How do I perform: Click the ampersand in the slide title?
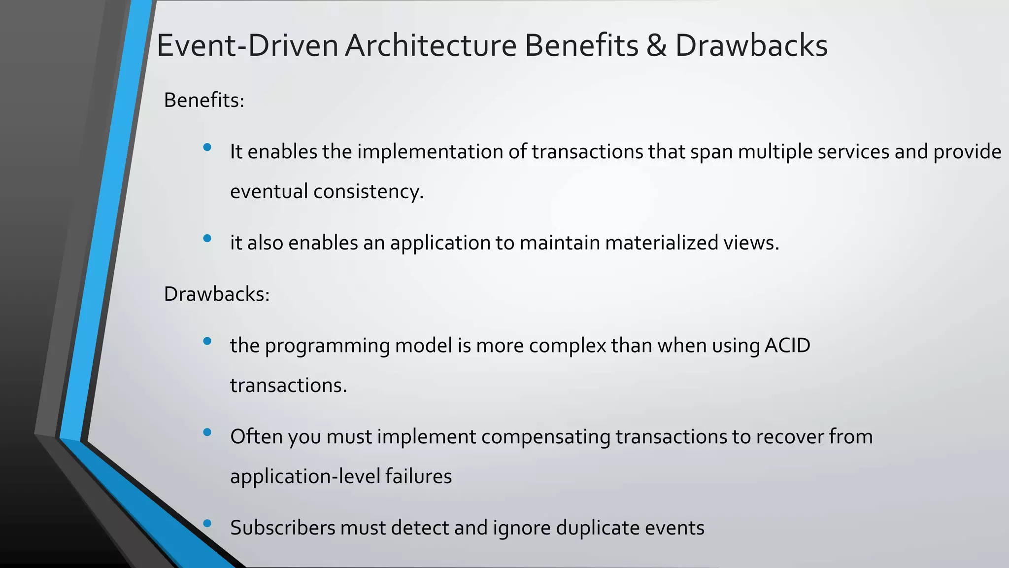tap(656, 46)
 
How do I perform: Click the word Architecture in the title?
tap(431, 46)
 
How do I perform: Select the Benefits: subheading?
tap(204, 100)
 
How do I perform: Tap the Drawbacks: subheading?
tap(217, 294)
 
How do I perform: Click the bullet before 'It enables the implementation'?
tap(207, 147)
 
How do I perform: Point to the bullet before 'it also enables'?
tap(207, 238)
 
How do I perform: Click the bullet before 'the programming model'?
tap(207, 341)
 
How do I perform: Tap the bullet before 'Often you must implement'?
tap(207, 432)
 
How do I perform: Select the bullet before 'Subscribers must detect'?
tap(207, 523)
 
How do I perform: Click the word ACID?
tap(787, 345)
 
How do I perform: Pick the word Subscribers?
tap(282, 528)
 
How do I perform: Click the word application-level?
tap(305, 477)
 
